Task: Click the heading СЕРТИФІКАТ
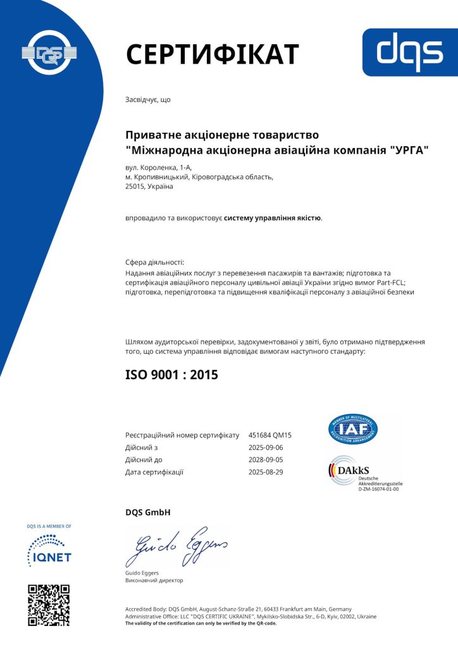pos(212,54)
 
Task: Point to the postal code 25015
pos(136,187)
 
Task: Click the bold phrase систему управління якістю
pos(273,218)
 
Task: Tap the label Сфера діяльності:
pos(155,261)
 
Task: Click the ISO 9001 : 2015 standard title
pos(171,375)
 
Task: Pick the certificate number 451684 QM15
pos(270,435)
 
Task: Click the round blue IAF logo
pos(353,429)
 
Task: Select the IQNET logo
pos(49,549)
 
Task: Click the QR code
pos(49,605)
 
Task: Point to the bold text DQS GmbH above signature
pos(148,512)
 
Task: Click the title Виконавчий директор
pos(154,580)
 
